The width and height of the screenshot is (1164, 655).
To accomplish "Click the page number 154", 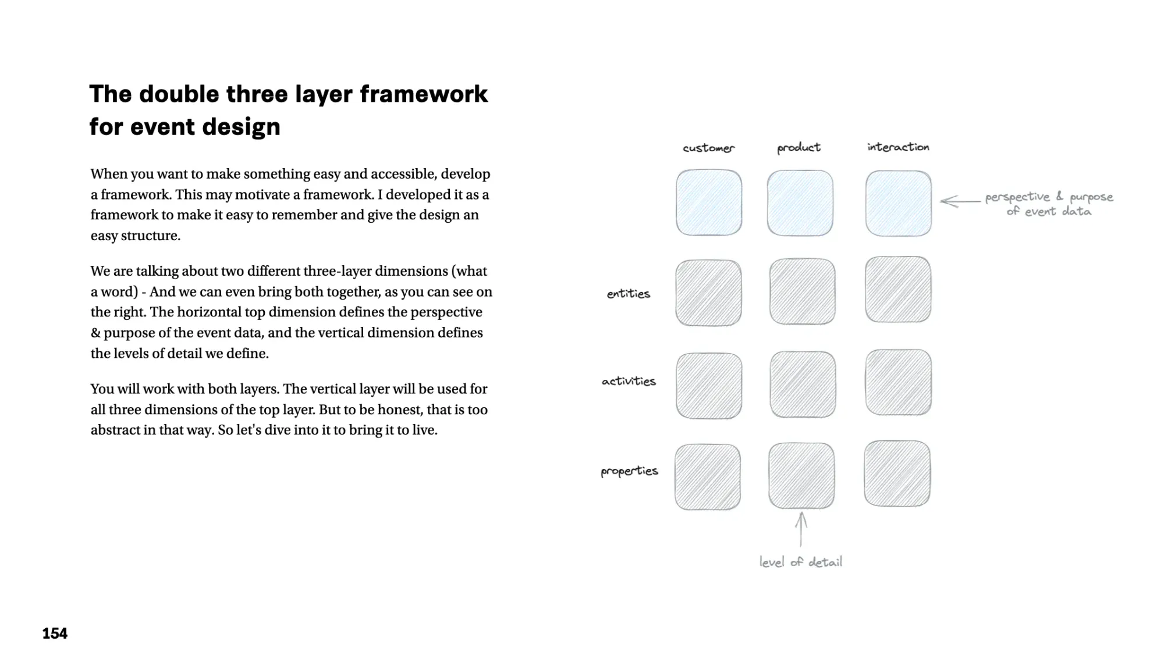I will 55,633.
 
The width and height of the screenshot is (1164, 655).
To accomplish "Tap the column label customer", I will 708,148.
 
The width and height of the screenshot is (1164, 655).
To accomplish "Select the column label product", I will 799,148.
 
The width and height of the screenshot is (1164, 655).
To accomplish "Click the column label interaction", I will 898,147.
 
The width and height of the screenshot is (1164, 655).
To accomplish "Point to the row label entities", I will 629,294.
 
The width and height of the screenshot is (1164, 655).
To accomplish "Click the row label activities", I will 629,381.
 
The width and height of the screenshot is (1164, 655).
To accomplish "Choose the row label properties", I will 629,471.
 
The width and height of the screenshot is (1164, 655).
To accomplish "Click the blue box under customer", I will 709,202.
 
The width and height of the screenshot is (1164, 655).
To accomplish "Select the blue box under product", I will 800,203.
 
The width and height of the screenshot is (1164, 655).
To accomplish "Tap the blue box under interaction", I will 898,203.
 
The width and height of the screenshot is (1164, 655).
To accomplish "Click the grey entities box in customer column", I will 708,293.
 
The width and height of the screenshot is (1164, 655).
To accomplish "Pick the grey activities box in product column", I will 803,385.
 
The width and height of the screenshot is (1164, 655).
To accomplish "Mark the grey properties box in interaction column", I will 897,474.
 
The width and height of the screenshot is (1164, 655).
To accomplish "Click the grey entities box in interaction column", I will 898,289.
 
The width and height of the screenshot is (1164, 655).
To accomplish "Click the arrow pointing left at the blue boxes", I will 959,201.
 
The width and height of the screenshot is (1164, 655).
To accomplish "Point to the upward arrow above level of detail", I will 801,529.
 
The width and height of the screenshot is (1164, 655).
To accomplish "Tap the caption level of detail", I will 801,562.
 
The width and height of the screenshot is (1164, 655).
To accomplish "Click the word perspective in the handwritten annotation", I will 1017,197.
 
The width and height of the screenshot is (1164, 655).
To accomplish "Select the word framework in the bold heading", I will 424,94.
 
